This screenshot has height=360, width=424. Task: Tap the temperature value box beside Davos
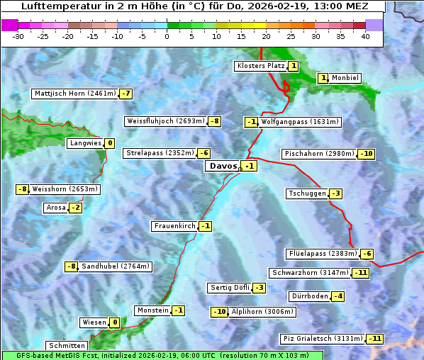pos(249,167)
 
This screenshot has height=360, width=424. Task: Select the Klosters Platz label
pos(260,66)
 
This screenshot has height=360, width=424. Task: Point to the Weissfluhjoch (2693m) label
pos(165,121)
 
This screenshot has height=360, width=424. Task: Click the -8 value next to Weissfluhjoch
pos(214,121)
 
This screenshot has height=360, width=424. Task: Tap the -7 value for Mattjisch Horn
pos(125,94)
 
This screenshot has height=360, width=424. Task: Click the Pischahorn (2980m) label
pos(318,154)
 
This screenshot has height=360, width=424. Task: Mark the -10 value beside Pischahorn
pos(366,154)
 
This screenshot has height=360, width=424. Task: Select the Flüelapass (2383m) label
pos(322,254)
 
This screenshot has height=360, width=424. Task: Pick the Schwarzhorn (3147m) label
pos(311,273)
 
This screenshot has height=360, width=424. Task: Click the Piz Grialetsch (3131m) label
pos(323,339)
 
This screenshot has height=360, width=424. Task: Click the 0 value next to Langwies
pos(110,143)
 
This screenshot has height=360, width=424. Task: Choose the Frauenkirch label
pos(174,226)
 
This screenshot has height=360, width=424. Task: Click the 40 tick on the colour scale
pos(365,36)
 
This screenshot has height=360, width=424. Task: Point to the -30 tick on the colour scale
pos(18,36)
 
